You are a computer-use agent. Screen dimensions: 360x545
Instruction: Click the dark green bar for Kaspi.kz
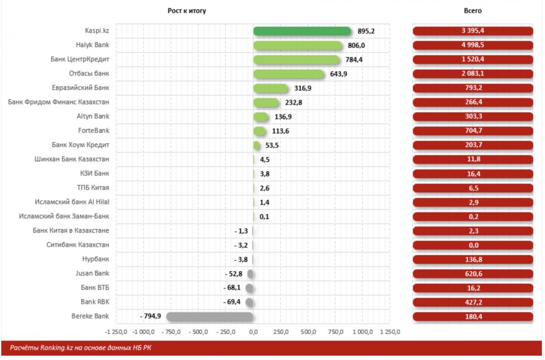302,31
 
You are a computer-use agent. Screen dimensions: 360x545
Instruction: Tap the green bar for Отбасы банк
289,74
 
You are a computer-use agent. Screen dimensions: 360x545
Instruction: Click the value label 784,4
353,60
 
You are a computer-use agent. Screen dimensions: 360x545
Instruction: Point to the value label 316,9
302,88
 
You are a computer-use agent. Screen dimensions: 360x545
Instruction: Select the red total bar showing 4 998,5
473,45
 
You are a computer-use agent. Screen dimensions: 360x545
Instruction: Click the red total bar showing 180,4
473,316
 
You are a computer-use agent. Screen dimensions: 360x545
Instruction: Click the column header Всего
473,10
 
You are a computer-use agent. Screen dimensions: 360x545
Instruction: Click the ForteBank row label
94,131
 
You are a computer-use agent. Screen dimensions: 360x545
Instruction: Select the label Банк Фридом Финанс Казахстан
59,102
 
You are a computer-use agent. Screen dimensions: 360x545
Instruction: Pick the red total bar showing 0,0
473,245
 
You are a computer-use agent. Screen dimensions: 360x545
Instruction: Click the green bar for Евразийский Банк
271,88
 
